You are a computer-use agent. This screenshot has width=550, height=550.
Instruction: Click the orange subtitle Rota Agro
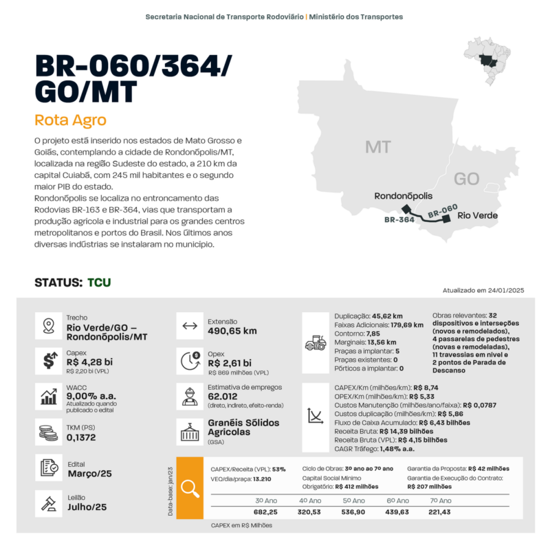[x=70, y=120]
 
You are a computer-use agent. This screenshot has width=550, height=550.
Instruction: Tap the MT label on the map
[x=378, y=147]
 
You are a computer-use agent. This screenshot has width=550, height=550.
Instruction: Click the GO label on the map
[x=467, y=179]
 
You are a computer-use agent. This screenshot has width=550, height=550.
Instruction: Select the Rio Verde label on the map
[x=476, y=215]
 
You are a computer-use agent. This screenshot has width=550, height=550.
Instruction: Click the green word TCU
[x=99, y=283]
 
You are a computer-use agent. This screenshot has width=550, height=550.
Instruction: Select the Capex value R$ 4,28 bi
[x=90, y=362]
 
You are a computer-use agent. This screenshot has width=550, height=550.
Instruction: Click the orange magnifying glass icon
[x=190, y=487]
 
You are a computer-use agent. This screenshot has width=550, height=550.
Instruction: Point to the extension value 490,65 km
[x=232, y=331]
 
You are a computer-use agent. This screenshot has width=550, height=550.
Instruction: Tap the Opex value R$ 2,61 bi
[x=230, y=363]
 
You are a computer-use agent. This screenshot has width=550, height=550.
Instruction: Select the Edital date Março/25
[x=90, y=474]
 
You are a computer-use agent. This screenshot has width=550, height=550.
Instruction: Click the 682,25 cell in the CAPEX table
[x=265, y=512]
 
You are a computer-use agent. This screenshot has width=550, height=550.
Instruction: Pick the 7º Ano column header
[x=440, y=500]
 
